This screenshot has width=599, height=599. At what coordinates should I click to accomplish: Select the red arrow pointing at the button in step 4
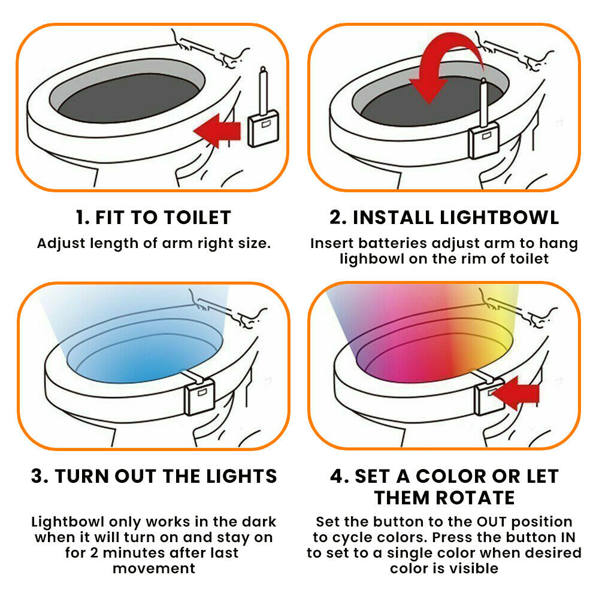[515, 393]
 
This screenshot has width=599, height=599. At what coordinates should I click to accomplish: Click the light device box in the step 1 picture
[263, 128]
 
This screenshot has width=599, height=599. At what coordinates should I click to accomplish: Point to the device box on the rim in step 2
[484, 140]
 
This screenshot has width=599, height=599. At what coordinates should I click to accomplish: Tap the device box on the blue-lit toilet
[199, 397]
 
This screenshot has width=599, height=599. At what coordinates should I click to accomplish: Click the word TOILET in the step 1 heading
[197, 218]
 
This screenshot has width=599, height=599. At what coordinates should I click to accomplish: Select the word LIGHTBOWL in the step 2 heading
[500, 218]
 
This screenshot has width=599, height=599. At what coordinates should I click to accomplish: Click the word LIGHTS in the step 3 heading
[241, 476]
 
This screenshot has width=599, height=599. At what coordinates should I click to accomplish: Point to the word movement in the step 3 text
[154, 568]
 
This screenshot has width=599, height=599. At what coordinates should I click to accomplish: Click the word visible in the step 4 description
[474, 568]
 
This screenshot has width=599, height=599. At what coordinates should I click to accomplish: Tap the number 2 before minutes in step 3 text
[95, 553]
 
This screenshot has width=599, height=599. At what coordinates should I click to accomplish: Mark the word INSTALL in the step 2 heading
[394, 218]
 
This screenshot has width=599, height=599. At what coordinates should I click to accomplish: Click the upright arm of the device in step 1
[263, 90]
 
